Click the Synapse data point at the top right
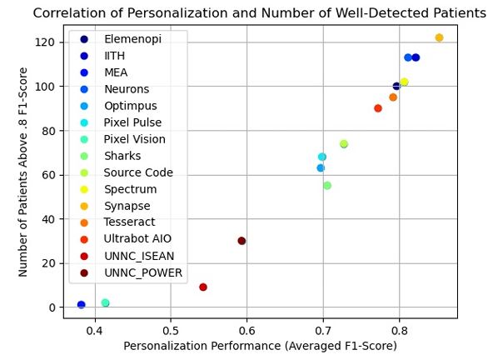[439, 37]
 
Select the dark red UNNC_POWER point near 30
[242, 241]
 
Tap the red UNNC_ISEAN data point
[203, 287]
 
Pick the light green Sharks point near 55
[327, 186]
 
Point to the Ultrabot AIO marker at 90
[378, 108]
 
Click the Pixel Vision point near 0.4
[105, 303]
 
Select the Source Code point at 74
[344, 144]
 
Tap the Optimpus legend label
[130, 106]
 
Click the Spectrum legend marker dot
[84, 189]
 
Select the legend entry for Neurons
[127, 89]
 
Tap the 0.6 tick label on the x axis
[246, 329]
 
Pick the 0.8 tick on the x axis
[398, 329]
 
